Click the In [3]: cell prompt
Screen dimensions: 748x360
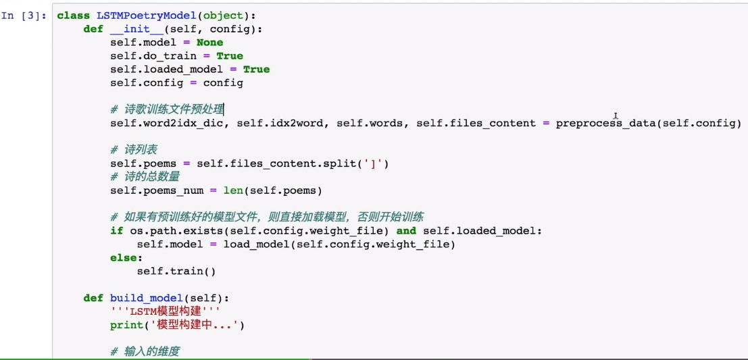[24, 16]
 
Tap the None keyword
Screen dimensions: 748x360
[210, 43]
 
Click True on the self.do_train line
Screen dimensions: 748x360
[230, 56]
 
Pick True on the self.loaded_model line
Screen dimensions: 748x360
[257, 69]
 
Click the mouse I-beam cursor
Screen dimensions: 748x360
[616, 115]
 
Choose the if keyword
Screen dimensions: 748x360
[116, 231]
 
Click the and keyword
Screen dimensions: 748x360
[406, 231]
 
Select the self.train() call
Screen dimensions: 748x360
[176, 272]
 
